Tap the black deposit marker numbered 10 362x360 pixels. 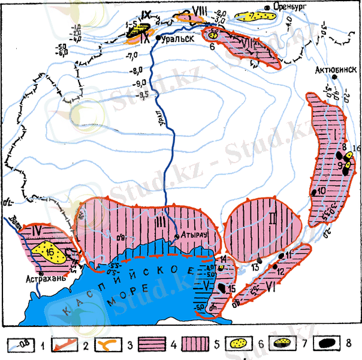tap(313, 192)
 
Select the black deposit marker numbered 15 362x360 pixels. tap(222, 289)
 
